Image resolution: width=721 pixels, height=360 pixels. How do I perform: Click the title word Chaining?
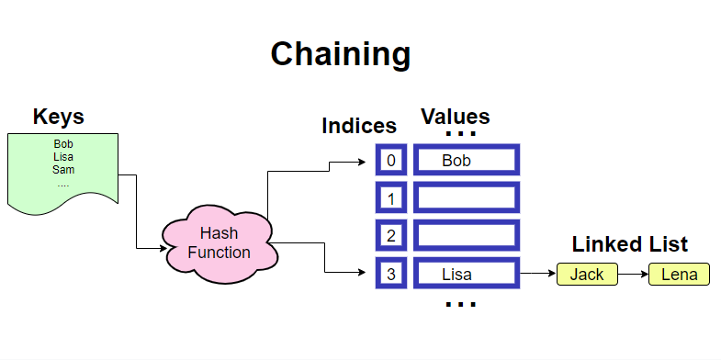coord(340,54)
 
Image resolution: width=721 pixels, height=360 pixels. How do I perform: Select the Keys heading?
coord(59,118)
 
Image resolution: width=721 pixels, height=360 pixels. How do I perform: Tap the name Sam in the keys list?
coord(63,170)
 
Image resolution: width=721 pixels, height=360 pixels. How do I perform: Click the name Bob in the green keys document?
coord(63,144)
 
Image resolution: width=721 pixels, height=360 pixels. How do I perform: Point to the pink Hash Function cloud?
coord(218,243)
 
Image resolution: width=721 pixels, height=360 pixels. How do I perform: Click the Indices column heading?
coord(359,127)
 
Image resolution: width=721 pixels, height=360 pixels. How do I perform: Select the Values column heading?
coord(455,118)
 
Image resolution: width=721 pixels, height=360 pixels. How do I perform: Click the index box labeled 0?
coord(390,161)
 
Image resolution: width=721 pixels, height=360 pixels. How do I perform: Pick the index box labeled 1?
coord(390,198)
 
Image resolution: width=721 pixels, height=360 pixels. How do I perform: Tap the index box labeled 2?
coord(390,236)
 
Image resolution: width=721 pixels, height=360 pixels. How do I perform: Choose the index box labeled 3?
coord(390,274)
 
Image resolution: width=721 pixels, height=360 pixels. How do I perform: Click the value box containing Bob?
coord(467,161)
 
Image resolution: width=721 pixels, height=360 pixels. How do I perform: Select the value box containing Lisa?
coord(467,274)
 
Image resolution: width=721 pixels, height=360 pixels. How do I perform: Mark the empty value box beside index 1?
coord(467,198)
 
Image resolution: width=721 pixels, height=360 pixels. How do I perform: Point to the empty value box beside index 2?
coord(467,236)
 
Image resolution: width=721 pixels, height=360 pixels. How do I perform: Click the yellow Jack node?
coord(587,274)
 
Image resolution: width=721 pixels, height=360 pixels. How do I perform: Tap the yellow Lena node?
coord(679,274)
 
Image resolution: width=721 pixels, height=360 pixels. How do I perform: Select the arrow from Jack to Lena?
coord(633,274)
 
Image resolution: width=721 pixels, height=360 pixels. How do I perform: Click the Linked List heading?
coord(629,245)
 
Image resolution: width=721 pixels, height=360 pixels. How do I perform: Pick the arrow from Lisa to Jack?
coord(538,274)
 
